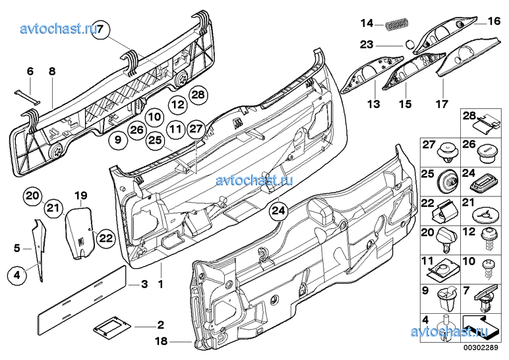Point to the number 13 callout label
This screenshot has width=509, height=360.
pyautogui.click(x=374, y=104)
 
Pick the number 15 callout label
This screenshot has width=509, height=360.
pyautogui.click(x=404, y=104)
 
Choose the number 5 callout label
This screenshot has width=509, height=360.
pyautogui.click(x=16, y=249)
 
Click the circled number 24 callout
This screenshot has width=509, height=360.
pyautogui.click(x=278, y=210)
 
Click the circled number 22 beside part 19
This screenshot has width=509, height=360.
pyautogui.click(x=105, y=238)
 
